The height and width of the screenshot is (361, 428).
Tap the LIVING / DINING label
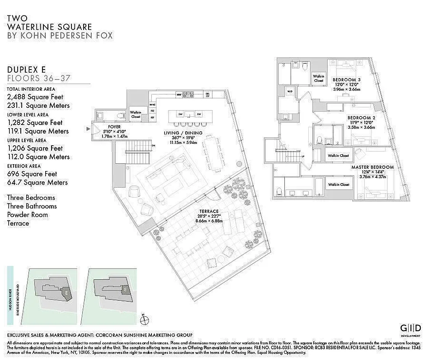pos(183,133)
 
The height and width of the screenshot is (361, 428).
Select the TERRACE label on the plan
pos(209,211)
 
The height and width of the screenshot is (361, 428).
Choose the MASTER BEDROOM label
pos(372,167)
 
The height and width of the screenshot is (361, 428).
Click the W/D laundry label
pos(289,93)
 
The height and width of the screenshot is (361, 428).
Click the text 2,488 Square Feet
pos(35,97)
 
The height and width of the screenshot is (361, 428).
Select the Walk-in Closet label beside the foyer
pos(136,115)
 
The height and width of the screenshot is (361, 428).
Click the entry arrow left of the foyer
pos(89,129)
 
